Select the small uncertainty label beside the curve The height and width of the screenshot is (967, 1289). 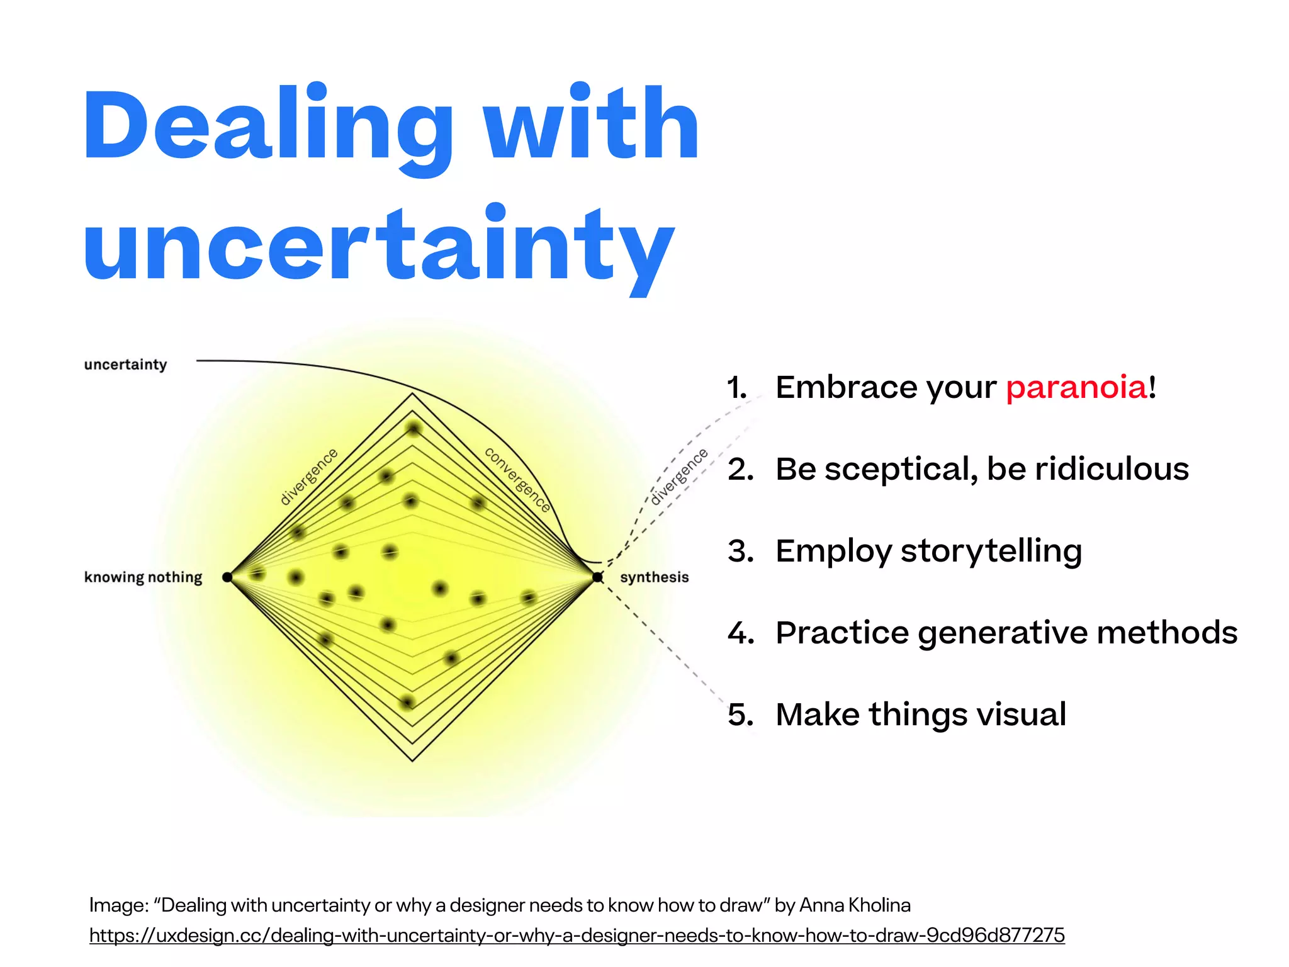click(x=125, y=365)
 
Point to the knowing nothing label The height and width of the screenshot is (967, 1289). click(x=143, y=577)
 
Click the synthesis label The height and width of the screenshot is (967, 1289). click(x=654, y=577)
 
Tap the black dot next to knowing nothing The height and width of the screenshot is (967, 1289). click(x=227, y=577)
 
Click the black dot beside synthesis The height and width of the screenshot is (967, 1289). click(x=597, y=577)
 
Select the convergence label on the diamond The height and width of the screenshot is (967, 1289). click(x=517, y=479)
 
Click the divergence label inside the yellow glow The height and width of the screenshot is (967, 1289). click(x=308, y=477)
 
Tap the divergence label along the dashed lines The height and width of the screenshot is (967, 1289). click(x=678, y=477)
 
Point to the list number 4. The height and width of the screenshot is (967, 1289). click(x=740, y=633)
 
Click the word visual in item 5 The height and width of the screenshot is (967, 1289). click(x=1022, y=715)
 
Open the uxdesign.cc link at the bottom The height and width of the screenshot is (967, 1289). click(x=577, y=935)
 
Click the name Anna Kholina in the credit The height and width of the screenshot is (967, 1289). click(x=855, y=905)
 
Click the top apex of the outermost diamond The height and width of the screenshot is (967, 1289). click(x=412, y=394)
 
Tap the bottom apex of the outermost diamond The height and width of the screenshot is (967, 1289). click(x=412, y=761)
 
